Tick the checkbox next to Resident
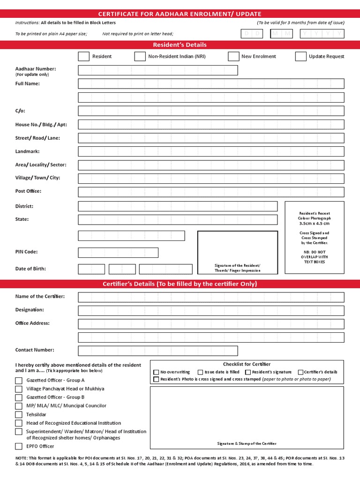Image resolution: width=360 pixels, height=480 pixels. click(x=83, y=56)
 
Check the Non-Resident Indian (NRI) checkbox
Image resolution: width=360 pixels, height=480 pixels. click(x=140, y=56)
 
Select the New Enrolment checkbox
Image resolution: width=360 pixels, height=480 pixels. click(x=233, y=56)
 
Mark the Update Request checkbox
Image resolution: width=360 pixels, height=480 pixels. click(x=300, y=56)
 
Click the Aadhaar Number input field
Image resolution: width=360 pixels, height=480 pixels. click(x=158, y=70)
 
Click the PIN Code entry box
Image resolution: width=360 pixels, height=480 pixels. click(x=118, y=253)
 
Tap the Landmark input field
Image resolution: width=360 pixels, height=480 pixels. click(x=211, y=151)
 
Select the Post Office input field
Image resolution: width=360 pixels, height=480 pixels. click(x=211, y=192)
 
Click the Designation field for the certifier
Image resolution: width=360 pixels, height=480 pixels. click(x=211, y=310)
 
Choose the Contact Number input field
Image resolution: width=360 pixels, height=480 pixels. click(x=158, y=351)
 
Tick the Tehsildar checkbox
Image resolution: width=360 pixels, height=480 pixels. click(x=19, y=414)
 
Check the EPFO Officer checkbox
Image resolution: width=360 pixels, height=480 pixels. click(x=19, y=446)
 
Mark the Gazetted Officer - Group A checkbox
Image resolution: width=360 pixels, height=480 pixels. click(x=19, y=380)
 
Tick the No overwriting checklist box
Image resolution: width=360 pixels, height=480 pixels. click(x=157, y=372)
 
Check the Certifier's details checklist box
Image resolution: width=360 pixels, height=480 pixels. click(x=300, y=372)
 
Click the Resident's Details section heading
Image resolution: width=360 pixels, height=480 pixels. click(x=180, y=45)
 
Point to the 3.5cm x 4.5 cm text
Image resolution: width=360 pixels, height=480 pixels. click(x=314, y=224)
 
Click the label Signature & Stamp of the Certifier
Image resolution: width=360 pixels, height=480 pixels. click(x=247, y=443)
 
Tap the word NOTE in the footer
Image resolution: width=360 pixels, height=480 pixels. click(x=22, y=457)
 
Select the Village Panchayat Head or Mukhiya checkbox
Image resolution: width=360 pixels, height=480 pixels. click(x=19, y=389)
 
